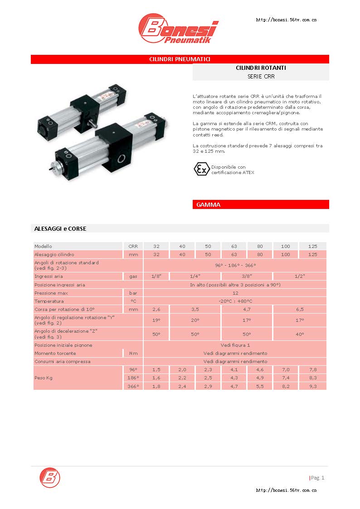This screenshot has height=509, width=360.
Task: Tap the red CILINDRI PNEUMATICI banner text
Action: (x=180, y=59)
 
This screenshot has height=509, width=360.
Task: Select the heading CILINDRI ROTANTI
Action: (x=261, y=68)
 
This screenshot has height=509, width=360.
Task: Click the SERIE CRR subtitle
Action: (x=261, y=77)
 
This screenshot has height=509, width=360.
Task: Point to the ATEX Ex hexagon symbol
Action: (x=201, y=170)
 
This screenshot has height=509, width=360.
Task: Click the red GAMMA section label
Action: (x=209, y=205)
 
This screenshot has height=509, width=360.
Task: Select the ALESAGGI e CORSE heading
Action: (x=60, y=228)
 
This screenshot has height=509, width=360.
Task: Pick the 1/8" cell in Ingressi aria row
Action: (x=156, y=276)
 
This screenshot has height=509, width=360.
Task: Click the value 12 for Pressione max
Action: (x=235, y=293)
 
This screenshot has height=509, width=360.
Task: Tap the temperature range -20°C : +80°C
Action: (x=235, y=301)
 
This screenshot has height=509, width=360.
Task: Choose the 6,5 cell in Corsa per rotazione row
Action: (x=300, y=309)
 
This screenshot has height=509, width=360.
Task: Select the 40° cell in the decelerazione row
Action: (x=300, y=334)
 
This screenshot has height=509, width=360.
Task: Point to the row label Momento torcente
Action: (x=55, y=353)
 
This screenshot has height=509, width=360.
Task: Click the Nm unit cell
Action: (x=133, y=353)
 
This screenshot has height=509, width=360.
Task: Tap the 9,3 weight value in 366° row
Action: (x=312, y=386)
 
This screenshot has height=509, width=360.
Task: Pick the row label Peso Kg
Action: (x=44, y=378)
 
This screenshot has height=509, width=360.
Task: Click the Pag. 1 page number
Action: (x=317, y=478)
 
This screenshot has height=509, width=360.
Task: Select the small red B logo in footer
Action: (x=49, y=477)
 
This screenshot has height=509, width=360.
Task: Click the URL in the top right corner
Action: (x=286, y=20)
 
